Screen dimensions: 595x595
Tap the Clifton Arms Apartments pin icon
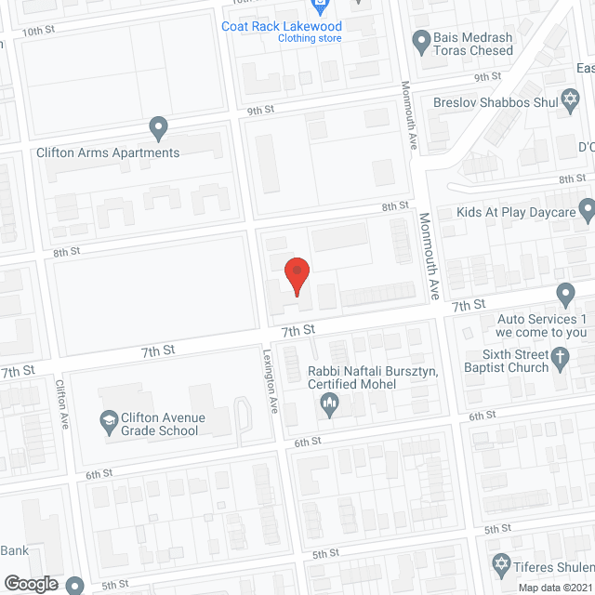coord(158,126)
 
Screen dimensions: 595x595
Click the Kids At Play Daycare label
coord(516,212)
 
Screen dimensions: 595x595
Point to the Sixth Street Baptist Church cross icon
coord(561,356)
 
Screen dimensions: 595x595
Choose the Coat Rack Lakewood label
coord(281,25)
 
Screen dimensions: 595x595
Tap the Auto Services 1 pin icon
coord(566,295)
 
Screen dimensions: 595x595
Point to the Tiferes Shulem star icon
coord(499,565)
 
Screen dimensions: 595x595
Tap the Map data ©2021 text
coord(554,587)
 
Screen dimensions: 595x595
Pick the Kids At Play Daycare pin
coord(587,210)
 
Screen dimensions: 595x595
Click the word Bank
coord(14,550)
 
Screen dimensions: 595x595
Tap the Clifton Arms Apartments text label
coord(108,152)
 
